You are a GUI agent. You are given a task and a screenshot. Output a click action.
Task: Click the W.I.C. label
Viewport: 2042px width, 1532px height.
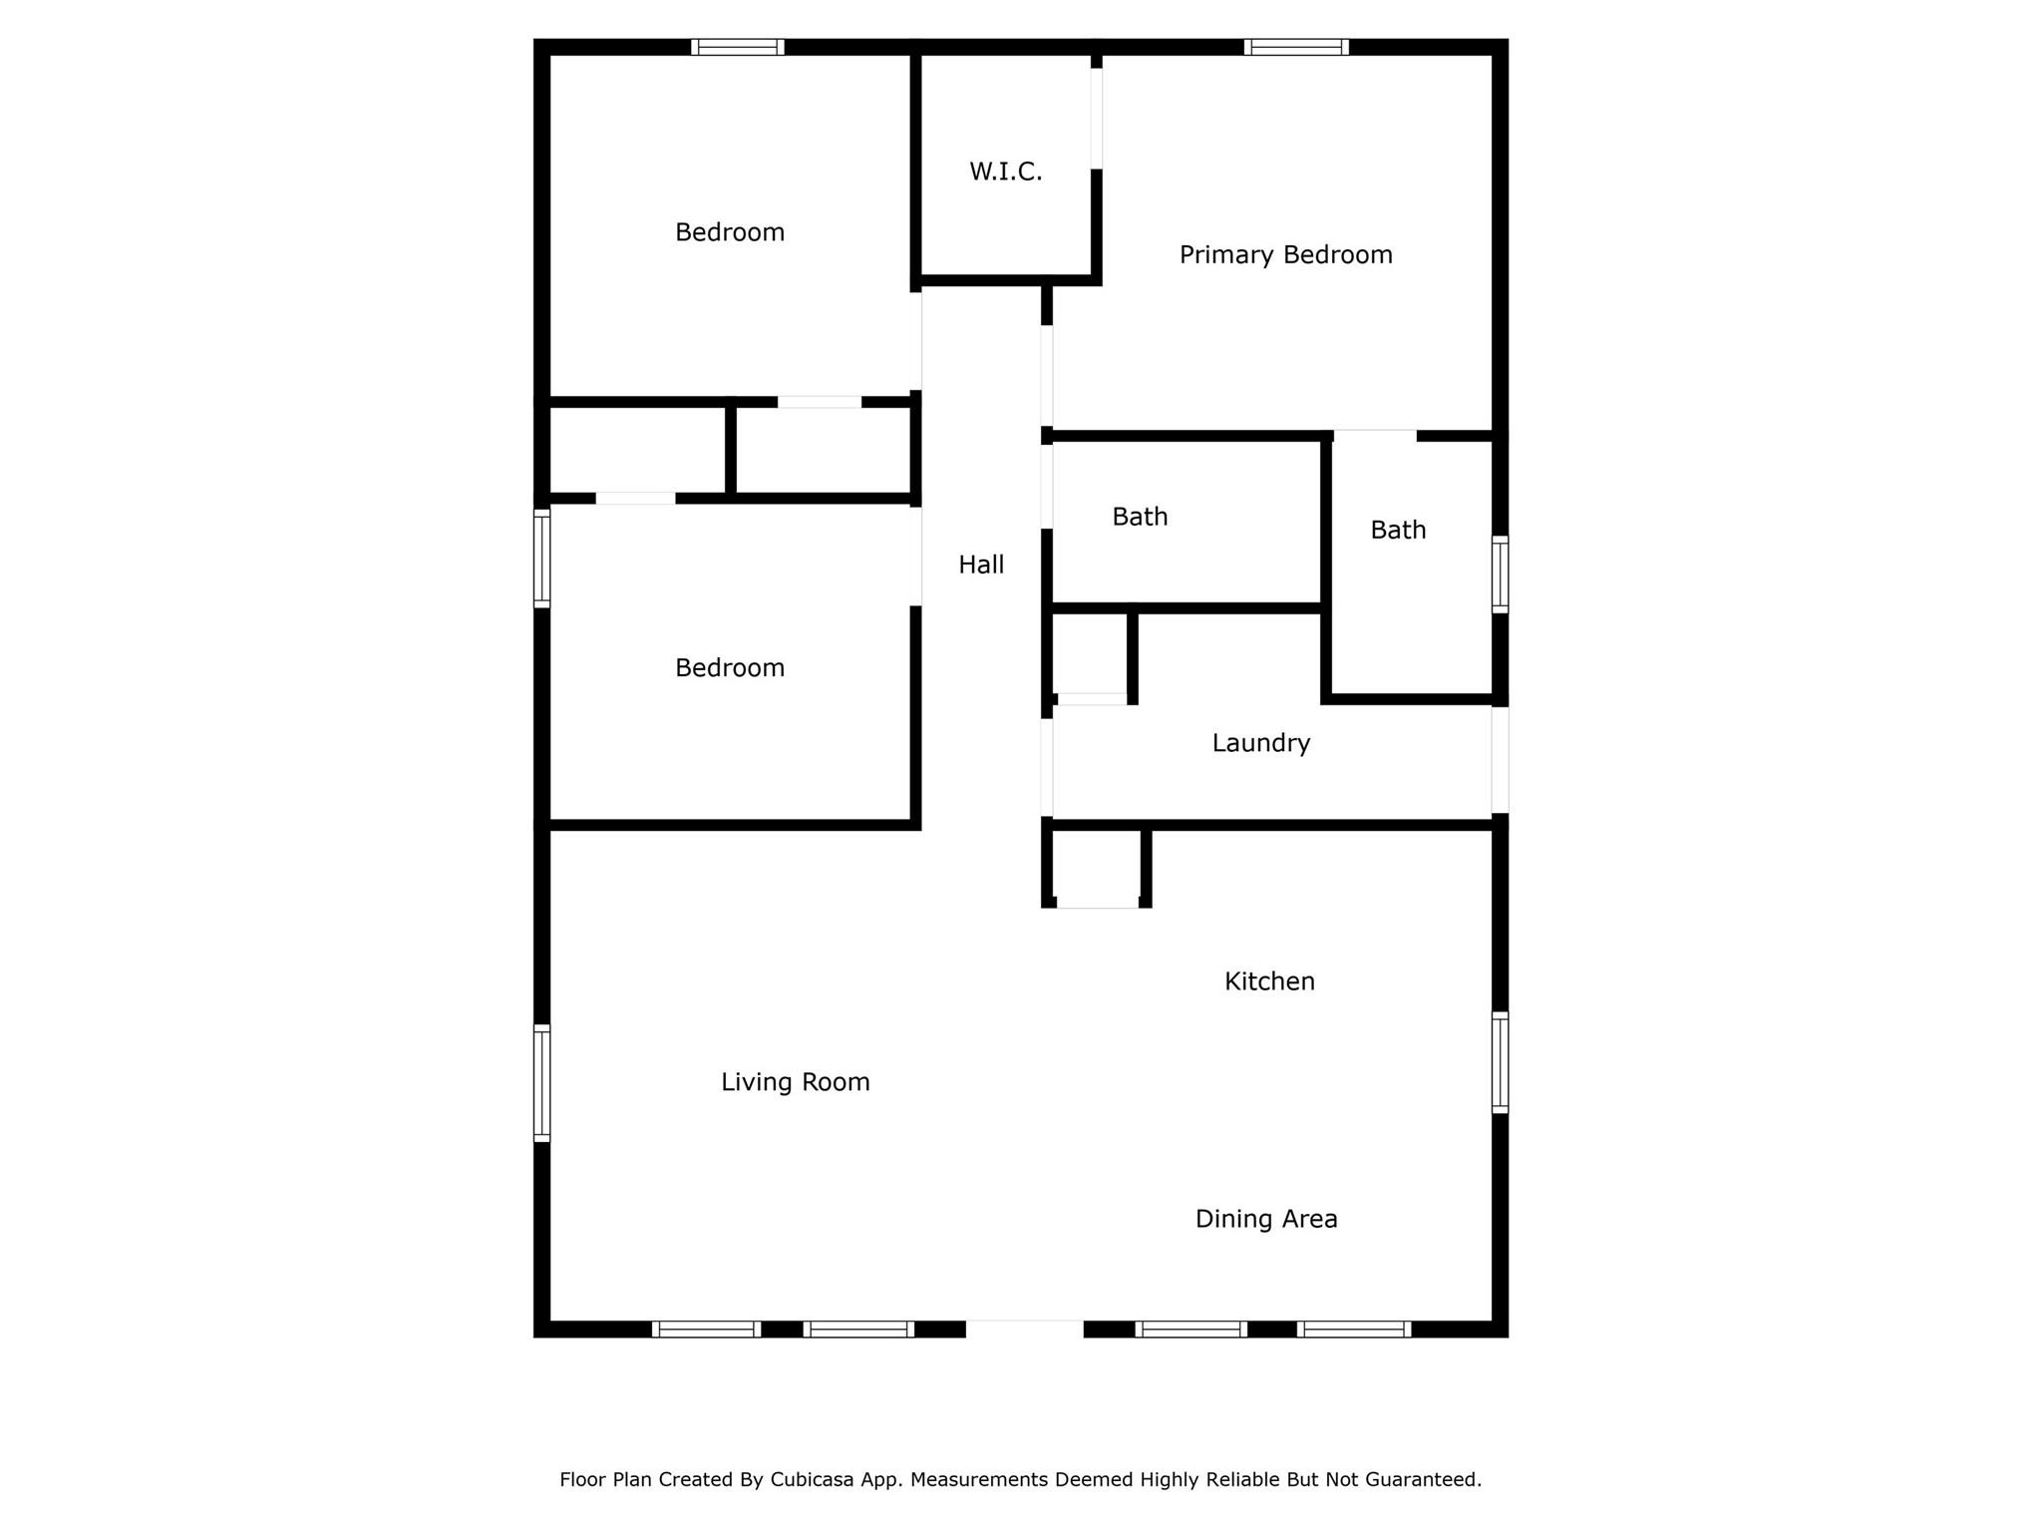(1005, 172)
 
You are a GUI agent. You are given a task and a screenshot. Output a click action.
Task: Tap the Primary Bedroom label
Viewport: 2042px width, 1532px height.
(1285, 255)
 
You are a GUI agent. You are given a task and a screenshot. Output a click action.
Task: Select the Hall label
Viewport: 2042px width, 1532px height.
(981, 565)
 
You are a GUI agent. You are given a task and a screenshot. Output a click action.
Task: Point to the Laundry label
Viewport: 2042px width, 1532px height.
(1260, 743)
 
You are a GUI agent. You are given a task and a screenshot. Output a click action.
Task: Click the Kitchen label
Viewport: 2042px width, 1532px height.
(1269, 981)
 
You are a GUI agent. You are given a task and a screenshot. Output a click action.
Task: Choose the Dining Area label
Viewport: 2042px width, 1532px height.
(1266, 1219)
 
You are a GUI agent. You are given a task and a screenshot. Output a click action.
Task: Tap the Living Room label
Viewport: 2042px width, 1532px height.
(796, 1082)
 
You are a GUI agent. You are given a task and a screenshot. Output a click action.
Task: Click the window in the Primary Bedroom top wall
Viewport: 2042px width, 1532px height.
(1296, 47)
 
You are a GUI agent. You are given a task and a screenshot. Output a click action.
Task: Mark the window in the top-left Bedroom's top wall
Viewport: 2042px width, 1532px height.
(738, 47)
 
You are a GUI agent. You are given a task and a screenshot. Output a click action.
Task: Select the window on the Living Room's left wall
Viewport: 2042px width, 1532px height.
(542, 1083)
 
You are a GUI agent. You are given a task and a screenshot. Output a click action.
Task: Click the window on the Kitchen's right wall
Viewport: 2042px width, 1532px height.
(1500, 1062)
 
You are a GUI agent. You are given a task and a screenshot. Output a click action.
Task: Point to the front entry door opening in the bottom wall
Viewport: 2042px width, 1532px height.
(1024, 1329)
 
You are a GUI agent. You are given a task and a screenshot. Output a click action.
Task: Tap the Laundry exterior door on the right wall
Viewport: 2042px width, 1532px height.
(1500, 760)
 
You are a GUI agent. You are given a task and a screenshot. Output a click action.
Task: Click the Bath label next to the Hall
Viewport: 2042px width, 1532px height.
(1140, 517)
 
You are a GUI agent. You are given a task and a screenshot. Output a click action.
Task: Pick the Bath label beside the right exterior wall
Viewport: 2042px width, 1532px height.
(1398, 530)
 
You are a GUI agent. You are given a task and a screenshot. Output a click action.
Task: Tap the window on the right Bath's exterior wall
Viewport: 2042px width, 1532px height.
(1500, 574)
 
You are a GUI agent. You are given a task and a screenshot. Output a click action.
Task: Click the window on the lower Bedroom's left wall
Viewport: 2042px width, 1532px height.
(542, 559)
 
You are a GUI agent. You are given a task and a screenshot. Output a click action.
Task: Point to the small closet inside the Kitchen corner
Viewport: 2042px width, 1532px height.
(1097, 866)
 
